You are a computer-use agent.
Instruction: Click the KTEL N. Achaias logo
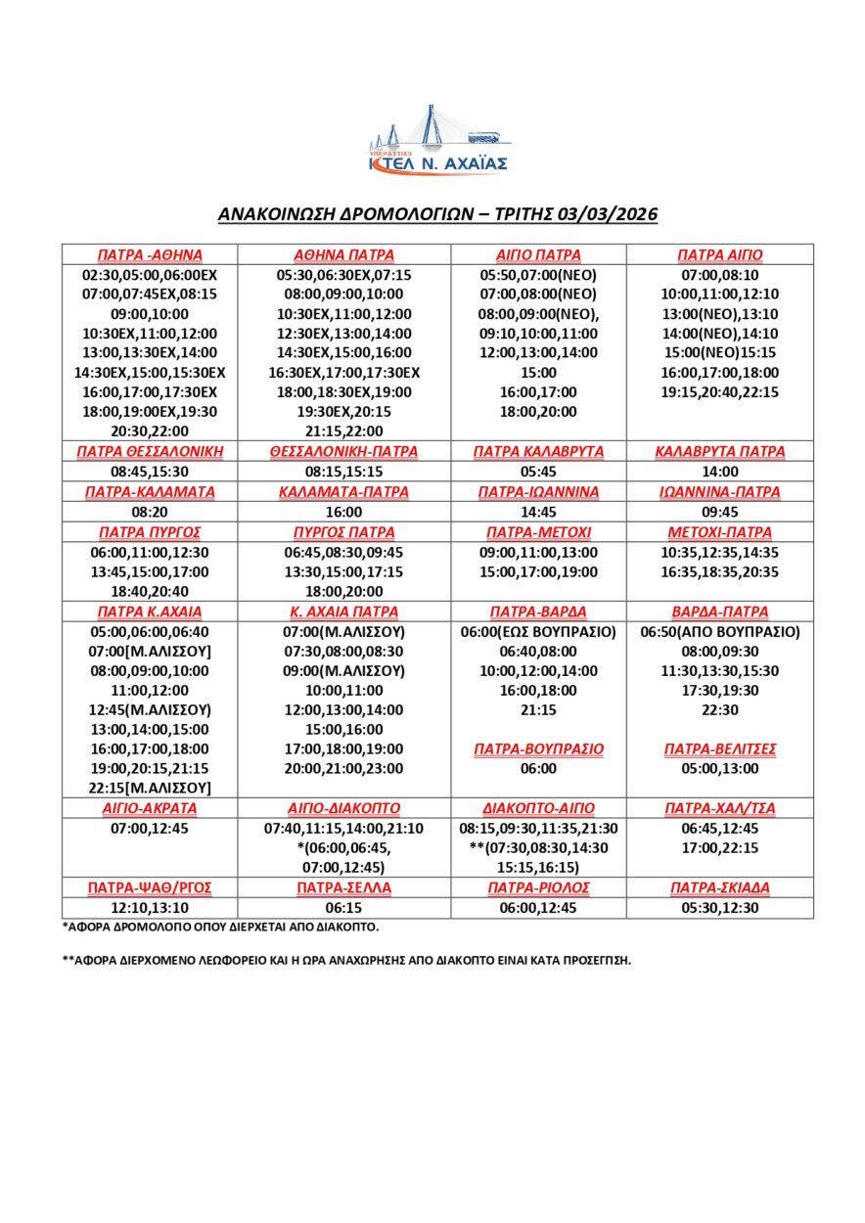(x=437, y=142)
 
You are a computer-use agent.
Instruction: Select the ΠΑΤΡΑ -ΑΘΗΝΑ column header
(x=150, y=254)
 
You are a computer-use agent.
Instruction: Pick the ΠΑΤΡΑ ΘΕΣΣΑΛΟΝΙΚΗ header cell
(x=150, y=451)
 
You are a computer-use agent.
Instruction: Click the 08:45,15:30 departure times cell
(x=150, y=471)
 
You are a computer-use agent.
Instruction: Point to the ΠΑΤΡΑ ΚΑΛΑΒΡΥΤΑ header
(x=538, y=451)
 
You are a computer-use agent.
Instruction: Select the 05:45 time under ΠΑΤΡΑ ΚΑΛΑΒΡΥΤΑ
(x=538, y=471)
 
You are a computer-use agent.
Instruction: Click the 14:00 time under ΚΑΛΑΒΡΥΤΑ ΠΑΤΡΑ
(x=719, y=471)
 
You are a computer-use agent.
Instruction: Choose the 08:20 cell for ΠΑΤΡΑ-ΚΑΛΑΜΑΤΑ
(x=150, y=511)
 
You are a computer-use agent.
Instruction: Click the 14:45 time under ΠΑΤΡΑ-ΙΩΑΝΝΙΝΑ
(x=538, y=511)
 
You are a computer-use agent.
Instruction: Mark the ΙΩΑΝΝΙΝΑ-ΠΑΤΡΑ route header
(x=719, y=491)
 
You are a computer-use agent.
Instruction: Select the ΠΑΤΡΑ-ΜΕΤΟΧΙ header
(x=538, y=532)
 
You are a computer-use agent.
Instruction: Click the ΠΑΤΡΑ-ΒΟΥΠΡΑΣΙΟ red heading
(x=538, y=748)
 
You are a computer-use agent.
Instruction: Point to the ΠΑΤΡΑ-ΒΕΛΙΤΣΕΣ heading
(x=719, y=748)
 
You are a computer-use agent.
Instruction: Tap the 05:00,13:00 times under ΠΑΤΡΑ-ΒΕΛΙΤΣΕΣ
(x=719, y=768)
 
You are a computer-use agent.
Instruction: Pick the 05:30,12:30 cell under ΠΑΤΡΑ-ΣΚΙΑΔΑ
(x=719, y=908)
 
